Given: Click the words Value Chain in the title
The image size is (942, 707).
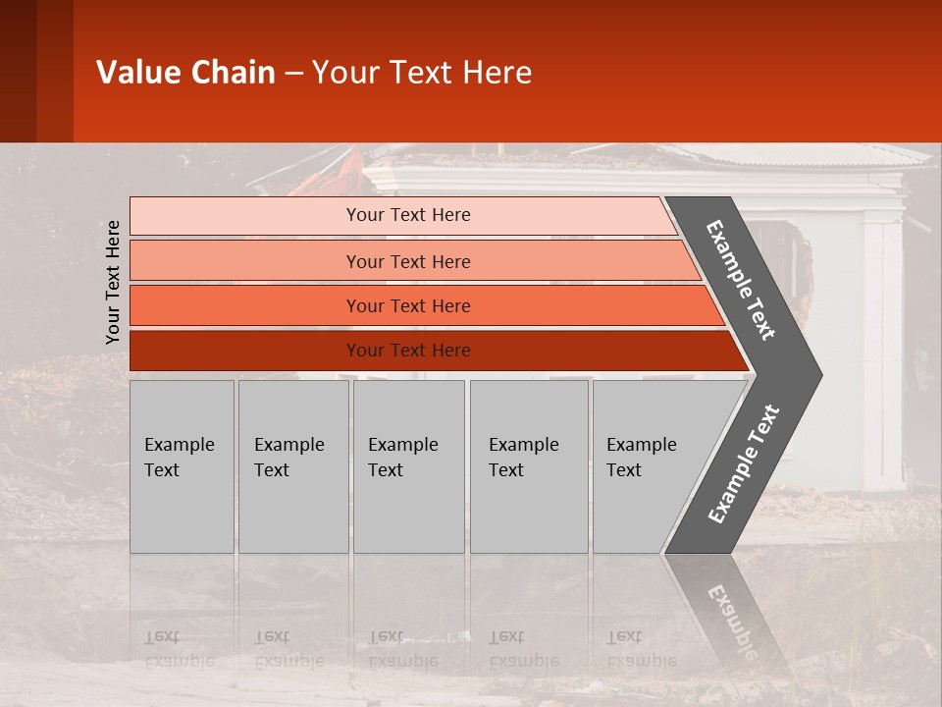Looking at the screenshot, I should coord(185,73).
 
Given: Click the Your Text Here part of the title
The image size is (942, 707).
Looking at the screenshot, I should coord(422,73).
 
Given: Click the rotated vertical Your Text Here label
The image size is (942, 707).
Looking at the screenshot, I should coord(113,282).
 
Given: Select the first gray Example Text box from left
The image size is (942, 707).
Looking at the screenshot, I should coord(182,466).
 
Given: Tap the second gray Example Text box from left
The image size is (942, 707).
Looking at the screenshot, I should coord(292,466).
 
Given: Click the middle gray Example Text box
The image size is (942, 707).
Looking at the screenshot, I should coord(408,466).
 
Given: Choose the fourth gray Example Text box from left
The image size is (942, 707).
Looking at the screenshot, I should coord(528,466).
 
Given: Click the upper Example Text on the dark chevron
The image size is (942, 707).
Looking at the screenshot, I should coord(741,280).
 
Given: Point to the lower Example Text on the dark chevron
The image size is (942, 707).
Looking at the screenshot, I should coord(744,464).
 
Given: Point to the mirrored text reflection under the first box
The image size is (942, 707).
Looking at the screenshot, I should coord(179,648).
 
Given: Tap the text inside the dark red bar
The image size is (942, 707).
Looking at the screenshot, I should coord(408,351).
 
